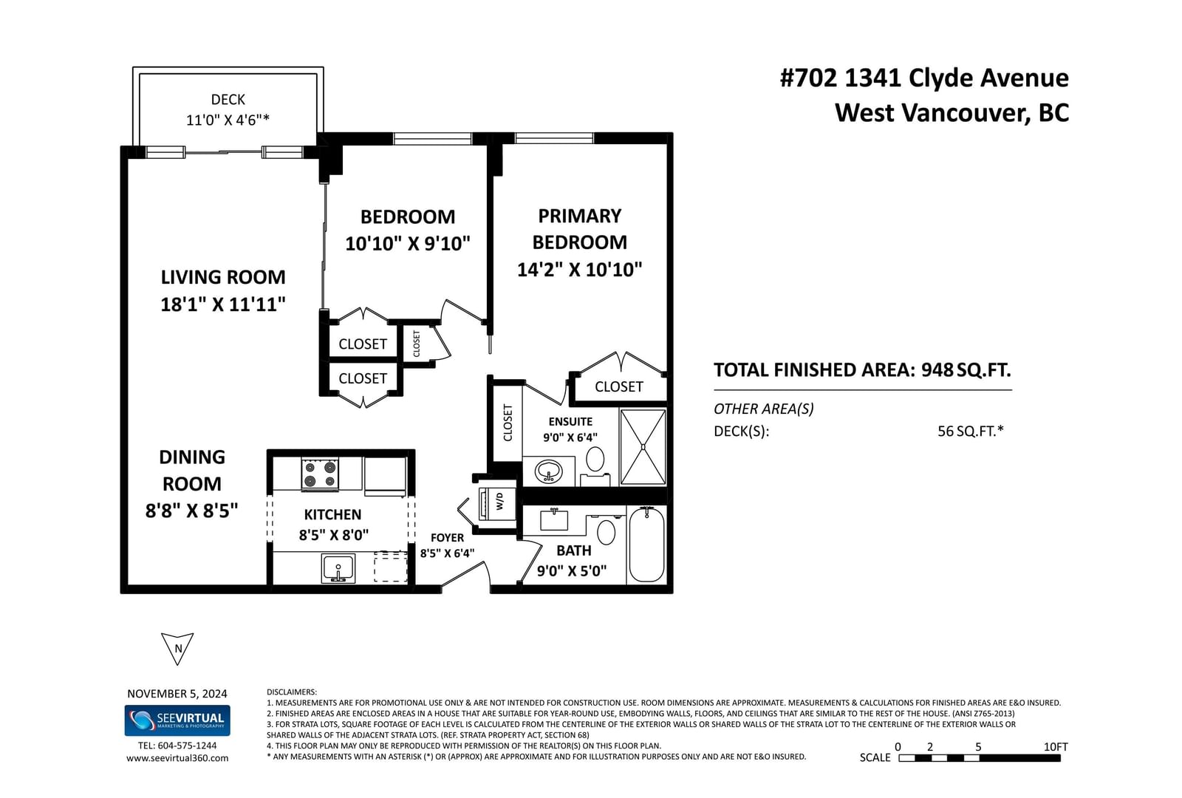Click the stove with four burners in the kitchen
click(320, 474)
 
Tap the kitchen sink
click(338, 568)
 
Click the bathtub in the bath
click(647, 544)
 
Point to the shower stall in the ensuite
click(643, 447)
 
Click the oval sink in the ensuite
click(549, 471)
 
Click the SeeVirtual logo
click(177, 720)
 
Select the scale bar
click(980, 758)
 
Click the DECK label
click(228, 99)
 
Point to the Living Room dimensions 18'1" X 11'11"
click(222, 304)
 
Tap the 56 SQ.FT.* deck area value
click(971, 432)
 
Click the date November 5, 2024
click(177, 694)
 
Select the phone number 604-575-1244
click(188, 746)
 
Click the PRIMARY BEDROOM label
click(579, 229)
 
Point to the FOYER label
click(447, 538)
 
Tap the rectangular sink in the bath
click(554, 520)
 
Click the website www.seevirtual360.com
click(177, 758)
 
